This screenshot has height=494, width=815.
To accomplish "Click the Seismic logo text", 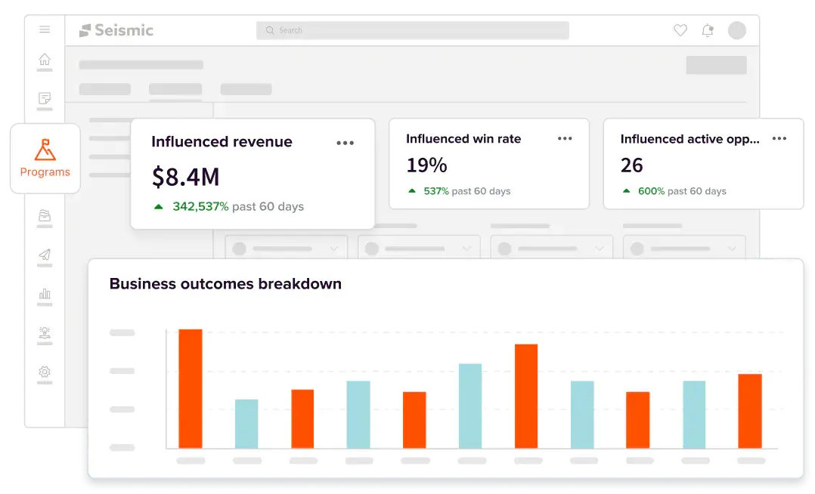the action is point(124,30).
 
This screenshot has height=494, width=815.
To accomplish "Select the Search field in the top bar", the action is point(412,30).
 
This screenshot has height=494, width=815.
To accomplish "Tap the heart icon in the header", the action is point(680,31).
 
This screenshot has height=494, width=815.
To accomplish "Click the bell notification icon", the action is point(708,31).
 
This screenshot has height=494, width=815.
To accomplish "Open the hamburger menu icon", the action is point(45,29).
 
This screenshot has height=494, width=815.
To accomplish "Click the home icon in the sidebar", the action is point(45,59).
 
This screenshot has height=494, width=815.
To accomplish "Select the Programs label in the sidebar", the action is point(45,172).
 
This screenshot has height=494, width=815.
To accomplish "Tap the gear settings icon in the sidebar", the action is point(45,372).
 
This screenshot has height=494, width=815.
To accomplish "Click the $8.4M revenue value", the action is point(185,178).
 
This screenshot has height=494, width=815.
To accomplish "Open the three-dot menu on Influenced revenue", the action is point(345,143).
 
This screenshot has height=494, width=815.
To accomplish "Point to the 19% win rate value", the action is point(426,165).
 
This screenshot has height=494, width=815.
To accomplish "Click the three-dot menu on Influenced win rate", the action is point(565,139).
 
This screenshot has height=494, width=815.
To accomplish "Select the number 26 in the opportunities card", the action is point(632,165).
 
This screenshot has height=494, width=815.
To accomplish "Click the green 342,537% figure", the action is point(200,207).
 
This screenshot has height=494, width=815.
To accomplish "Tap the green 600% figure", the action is point(651,191).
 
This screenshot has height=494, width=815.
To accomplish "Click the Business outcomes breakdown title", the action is point(225,283).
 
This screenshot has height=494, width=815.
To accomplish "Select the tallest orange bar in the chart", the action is point(191,388).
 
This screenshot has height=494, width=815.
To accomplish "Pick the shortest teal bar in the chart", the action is point(246,423).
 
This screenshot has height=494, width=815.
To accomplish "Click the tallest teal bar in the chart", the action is point(470,406).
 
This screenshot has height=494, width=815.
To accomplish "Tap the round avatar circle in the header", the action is point(737,31).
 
